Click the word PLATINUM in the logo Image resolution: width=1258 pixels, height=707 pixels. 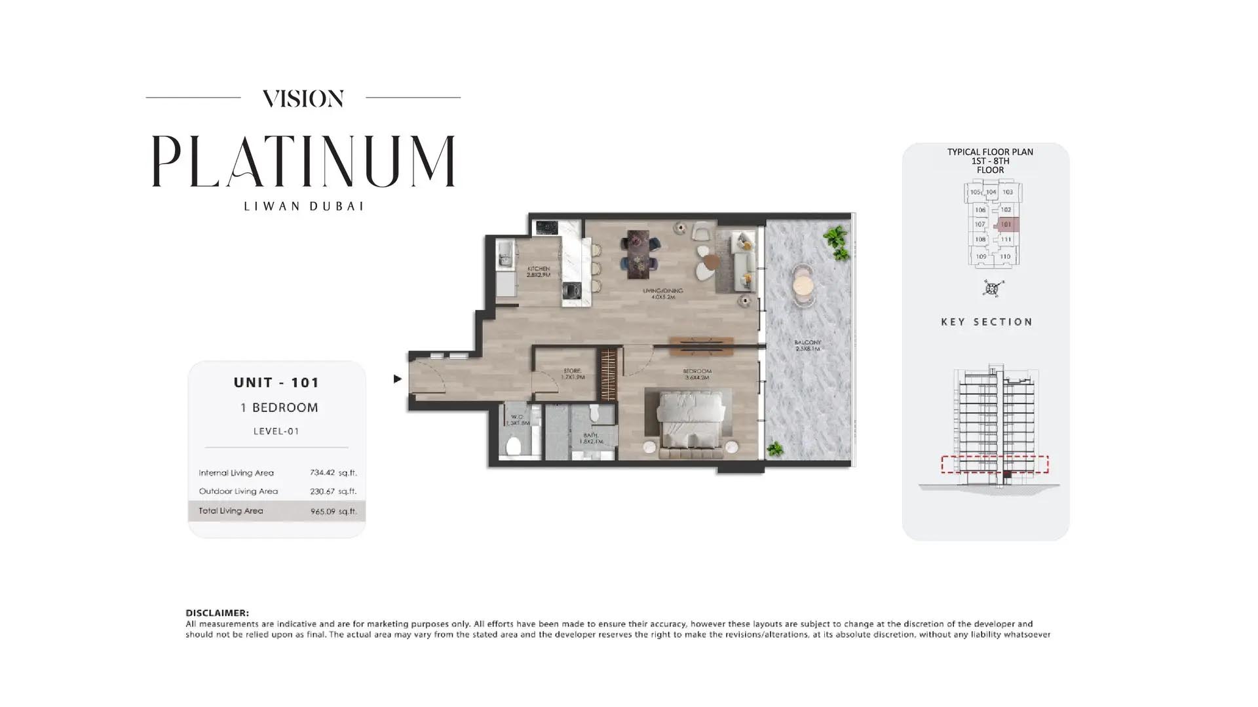(x=303, y=161)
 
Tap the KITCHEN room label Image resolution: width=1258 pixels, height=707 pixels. (x=539, y=271)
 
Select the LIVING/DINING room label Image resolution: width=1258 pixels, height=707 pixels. (x=662, y=293)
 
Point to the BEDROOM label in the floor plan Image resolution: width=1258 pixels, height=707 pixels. (x=696, y=374)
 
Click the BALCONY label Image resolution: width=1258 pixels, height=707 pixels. (x=807, y=345)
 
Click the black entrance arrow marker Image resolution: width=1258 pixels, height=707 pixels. (x=397, y=379)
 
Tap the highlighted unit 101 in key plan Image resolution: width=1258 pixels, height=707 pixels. (x=1006, y=225)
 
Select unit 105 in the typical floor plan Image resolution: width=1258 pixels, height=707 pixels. (x=975, y=193)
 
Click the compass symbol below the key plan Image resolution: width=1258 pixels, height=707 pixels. (x=993, y=288)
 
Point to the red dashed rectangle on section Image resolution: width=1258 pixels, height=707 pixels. (x=994, y=464)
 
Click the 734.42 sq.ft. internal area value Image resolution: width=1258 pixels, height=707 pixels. (x=333, y=472)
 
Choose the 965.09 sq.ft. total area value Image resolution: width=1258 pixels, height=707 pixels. (x=334, y=511)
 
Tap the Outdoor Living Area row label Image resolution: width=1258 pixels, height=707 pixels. (x=238, y=491)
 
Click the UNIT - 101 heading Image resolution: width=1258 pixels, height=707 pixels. (x=276, y=383)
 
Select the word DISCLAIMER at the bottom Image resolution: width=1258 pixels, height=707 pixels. (x=217, y=613)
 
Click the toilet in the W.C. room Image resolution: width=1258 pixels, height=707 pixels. (x=514, y=446)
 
